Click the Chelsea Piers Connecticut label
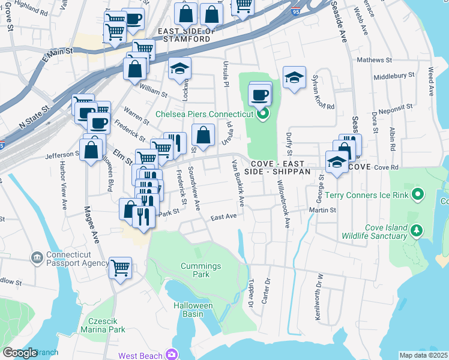click(205, 114)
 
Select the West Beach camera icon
click(173, 355)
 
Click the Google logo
click(20, 353)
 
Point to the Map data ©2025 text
click(424, 355)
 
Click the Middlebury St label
click(394, 76)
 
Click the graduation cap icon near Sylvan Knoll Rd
click(294, 77)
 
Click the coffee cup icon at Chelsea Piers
click(261, 95)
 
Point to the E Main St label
click(56, 53)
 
